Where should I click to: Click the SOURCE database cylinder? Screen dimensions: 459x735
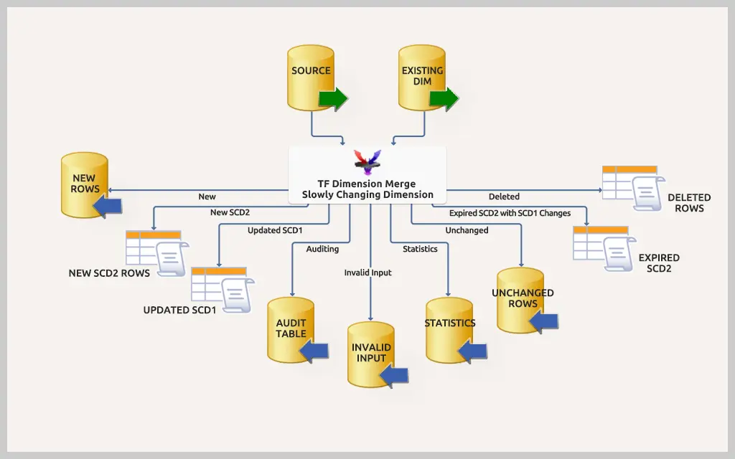coord(311,77)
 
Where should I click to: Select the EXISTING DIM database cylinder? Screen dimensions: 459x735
coord(421,77)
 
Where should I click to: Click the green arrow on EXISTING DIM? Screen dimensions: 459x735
coord(444,98)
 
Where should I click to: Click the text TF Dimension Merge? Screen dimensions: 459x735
coord(367,184)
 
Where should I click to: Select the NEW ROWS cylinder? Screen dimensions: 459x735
coord(84,184)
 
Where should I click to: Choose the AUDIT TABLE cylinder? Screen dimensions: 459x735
coord(291,329)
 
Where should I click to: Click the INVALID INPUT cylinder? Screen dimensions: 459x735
coord(371,354)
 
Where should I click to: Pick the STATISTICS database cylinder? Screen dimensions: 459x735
coord(449,330)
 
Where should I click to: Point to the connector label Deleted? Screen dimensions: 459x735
coord(504,197)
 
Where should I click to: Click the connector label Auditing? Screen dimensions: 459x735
coord(322,250)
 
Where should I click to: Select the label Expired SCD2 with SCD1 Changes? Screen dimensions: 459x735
coord(510,213)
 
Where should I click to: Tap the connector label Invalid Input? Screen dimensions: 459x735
coord(367,273)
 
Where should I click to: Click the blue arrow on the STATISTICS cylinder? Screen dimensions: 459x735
coord(472,351)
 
